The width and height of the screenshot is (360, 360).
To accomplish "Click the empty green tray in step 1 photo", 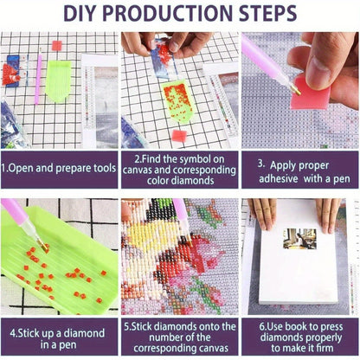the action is point(58,81).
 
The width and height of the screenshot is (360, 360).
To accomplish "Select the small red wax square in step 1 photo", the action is point(57,46).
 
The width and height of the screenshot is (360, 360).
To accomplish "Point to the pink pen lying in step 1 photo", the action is point(38,79).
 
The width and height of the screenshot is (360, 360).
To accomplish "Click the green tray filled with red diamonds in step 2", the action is point(177,101).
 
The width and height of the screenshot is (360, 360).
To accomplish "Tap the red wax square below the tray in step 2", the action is point(179,136).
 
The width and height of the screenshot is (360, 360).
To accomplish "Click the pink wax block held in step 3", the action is point(310,93).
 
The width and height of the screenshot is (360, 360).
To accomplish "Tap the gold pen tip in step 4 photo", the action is point(43,246).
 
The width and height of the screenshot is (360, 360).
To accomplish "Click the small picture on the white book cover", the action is point(299,239).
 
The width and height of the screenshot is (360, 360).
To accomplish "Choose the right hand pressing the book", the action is point(328,215).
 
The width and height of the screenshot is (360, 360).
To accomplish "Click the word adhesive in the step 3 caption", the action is point(279,178).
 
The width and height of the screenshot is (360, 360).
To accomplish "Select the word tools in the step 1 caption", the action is point(105,168).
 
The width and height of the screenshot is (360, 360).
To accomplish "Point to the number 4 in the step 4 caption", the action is point(13,333).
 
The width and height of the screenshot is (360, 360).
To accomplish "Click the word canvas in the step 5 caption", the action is point(212,348).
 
